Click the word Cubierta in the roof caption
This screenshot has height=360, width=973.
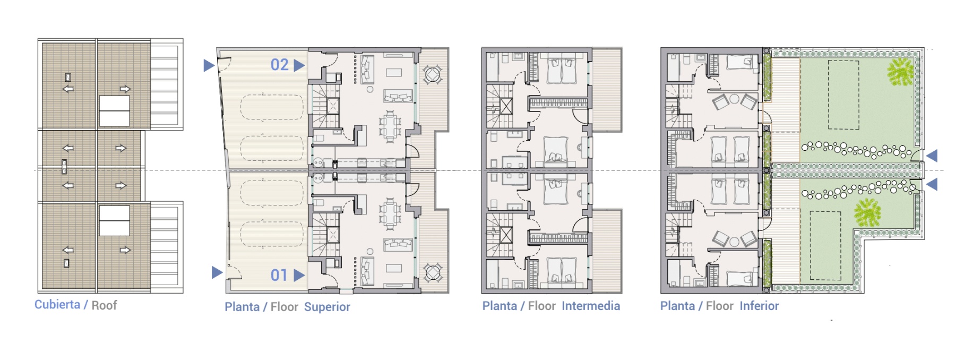57,305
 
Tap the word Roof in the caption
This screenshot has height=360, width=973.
104,305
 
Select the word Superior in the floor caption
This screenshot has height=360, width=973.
327,307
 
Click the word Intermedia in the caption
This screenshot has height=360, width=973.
591,306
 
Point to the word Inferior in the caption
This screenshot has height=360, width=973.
759,306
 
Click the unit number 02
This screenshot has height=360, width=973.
280,65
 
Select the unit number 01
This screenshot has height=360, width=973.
279,275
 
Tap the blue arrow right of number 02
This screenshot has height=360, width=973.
299,65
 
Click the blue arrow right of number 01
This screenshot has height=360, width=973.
299,275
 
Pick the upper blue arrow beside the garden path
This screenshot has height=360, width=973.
932,156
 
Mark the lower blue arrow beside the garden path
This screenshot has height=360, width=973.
932,184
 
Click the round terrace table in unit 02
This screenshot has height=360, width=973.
433,74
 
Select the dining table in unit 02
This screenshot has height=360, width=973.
390,126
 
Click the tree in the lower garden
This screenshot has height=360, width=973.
867,212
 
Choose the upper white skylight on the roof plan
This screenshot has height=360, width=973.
114,111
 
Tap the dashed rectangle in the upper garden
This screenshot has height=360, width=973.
843,95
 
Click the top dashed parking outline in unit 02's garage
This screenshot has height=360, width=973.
272,107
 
